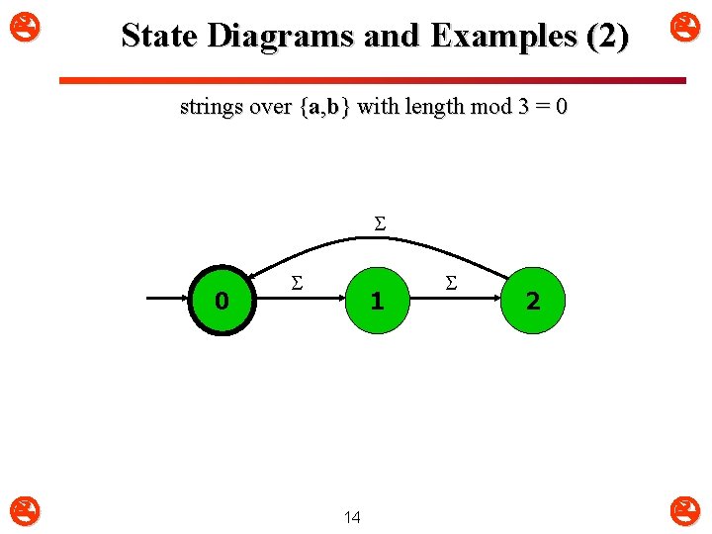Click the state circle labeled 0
coord(222,301)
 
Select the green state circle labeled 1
coord(376,301)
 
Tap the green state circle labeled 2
coord(533,301)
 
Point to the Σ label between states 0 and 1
coord(295,284)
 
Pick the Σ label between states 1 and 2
coord(451,284)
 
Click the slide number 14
coord(352,516)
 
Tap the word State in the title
coord(160,37)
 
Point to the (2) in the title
coord(606,37)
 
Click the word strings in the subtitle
coord(212,107)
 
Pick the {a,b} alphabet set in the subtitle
coord(323,107)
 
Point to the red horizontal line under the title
coord(372,80)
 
